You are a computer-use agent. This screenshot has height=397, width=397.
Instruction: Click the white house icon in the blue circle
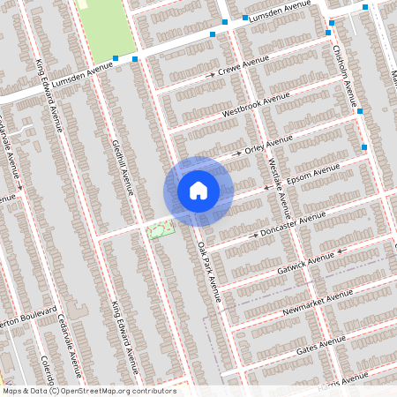click(x=198, y=191)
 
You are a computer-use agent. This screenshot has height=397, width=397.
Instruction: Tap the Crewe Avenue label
click(x=243, y=70)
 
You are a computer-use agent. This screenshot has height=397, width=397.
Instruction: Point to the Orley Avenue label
click(x=267, y=145)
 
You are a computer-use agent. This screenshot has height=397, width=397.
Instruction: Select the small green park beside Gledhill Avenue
click(x=160, y=229)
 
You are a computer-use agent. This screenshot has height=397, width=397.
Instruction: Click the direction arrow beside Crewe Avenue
click(x=211, y=76)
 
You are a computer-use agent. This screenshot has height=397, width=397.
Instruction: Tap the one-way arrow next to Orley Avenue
click(x=236, y=154)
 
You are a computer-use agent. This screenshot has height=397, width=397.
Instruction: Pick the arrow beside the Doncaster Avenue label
click(x=256, y=236)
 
